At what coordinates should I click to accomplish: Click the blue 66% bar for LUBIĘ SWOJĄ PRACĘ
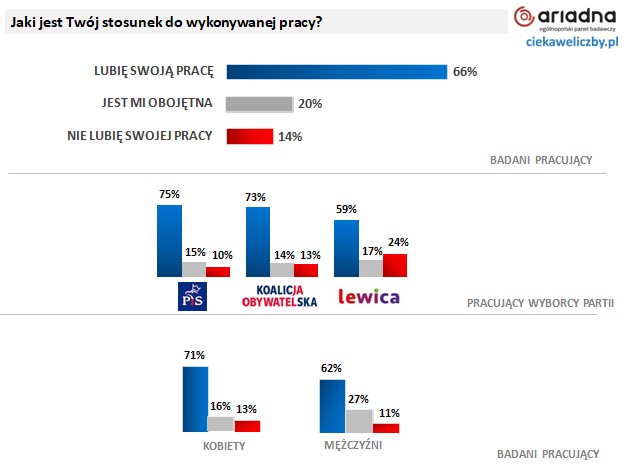click(336, 71)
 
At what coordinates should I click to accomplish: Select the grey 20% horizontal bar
click(260, 103)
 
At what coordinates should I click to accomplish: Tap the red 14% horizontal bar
click(250, 136)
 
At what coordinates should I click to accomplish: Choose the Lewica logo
click(368, 296)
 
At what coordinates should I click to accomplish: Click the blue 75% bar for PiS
click(168, 240)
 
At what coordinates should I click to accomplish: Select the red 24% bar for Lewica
click(396, 265)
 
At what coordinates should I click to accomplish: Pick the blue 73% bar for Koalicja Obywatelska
click(257, 241)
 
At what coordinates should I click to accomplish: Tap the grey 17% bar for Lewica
click(372, 269)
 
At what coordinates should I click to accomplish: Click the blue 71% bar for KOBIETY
click(194, 399)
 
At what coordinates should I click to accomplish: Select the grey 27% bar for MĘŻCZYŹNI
click(359, 420)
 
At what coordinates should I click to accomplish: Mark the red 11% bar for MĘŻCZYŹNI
click(385, 428)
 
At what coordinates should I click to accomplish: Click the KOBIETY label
click(219, 445)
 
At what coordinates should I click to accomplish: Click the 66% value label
click(465, 72)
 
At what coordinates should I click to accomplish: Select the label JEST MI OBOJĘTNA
click(156, 103)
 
